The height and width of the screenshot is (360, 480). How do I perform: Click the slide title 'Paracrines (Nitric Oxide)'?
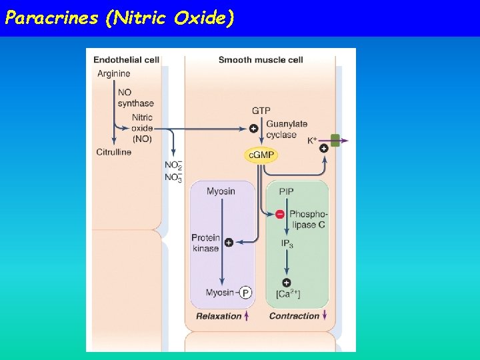[x=119, y=18]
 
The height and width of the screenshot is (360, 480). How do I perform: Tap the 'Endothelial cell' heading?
[x=126, y=60]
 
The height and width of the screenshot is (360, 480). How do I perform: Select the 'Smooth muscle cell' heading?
[x=261, y=60]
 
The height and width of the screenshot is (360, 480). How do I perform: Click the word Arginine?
[x=113, y=73]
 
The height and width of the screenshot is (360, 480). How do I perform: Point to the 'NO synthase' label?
[x=135, y=98]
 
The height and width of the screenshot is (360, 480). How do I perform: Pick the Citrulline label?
[x=114, y=152]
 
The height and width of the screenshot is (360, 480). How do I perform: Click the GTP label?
[x=261, y=110]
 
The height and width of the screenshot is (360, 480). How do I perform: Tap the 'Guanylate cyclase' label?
[x=286, y=129]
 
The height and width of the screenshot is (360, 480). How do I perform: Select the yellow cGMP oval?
[x=261, y=155]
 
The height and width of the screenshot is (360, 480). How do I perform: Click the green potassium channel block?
[x=335, y=140]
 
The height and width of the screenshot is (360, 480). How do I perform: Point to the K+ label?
[x=312, y=141]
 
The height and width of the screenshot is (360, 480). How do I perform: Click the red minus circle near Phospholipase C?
[x=279, y=214]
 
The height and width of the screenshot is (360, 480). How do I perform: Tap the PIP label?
[x=286, y=191]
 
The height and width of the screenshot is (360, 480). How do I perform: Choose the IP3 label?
[x=287, y=245]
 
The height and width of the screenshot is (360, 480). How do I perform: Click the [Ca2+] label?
[x=287, y=294]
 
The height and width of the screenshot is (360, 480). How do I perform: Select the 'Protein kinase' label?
[x=205, y=243]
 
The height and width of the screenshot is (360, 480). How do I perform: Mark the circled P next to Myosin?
[x=246, y=293]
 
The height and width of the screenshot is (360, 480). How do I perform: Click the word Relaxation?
[x=219, y=316]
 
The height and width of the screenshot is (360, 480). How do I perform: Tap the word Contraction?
[x=294, y=316]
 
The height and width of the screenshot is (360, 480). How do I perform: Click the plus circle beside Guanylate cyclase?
[x=253, y=129]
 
